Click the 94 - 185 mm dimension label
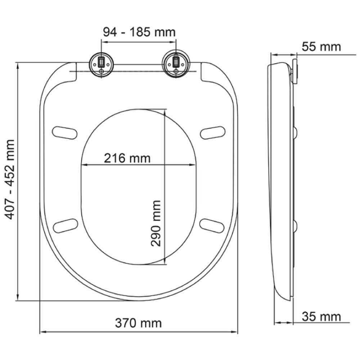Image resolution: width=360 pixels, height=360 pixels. click(x=139, y=32)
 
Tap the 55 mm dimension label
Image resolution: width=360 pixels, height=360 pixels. click(x=321, y=47)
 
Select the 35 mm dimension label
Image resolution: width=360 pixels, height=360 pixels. click(x=321, y=317)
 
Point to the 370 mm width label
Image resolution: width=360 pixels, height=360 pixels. click(x=138, y=323)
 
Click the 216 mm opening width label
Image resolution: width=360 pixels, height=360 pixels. click(x=127, y=158)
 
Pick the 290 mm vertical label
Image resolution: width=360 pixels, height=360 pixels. click(x=156, y=223)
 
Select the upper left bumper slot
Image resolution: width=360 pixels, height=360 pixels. click(x=65, y=132)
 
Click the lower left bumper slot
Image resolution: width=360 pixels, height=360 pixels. click(x=65, y=225)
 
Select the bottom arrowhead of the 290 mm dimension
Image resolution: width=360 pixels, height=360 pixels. click(x=165, y=261)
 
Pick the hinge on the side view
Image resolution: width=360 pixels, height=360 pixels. click(x=296, y=72)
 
